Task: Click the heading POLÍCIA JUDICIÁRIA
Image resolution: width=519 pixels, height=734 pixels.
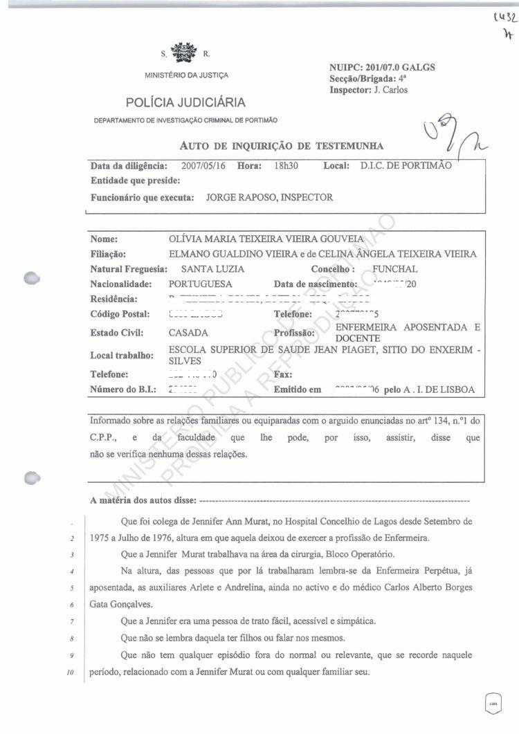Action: [x=185, y=103]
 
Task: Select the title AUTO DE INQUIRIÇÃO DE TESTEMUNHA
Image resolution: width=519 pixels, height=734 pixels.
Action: [x=281, y=145]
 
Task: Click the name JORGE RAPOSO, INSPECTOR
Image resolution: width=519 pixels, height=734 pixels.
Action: [x=269, y=197]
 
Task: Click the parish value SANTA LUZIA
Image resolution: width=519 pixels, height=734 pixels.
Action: [x=212, y=269]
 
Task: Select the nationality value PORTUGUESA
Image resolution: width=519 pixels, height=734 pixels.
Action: [x=201, y=284]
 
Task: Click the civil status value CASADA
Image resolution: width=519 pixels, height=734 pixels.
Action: [x=188, y=333]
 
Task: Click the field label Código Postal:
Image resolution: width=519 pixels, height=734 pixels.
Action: [x=120, y=315]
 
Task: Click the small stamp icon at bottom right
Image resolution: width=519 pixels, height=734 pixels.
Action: [x=493, y=701]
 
